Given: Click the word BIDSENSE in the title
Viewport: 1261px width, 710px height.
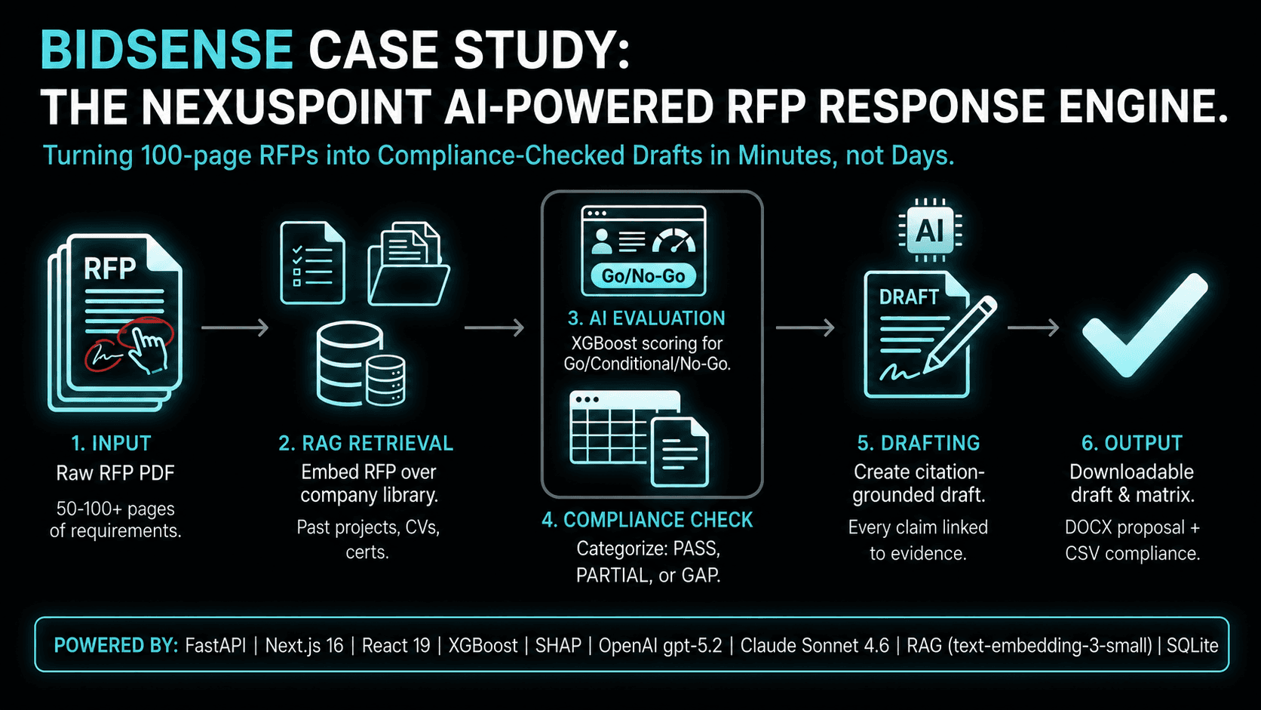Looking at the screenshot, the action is pyautogui.click(x=167, y=50).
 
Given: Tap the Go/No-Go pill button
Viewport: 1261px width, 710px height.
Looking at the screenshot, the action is pyautogui.click(x=643, y=276).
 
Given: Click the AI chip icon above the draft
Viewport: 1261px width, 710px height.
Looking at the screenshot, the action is pyautogui.click(x=929, y=230).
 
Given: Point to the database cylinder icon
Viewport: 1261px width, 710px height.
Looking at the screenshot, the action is pyautogui.click(x=361, y=364).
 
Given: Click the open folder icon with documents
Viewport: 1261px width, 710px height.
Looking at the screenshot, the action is pyautogui.click(x=408, y=263).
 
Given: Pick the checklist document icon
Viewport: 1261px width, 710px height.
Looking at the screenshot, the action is pyautogui.click(x=312, y=263).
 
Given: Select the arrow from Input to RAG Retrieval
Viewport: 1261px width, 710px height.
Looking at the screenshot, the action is pyautogui.click(x=235, y=327).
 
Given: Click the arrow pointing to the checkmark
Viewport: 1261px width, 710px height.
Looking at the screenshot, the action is pyautogui.click(x=1033, y=327).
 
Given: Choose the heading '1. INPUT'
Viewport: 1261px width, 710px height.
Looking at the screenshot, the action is pyautogui.click(x=112, y=444).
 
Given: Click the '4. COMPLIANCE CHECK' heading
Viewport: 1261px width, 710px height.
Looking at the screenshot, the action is pyautogui.click(x=647, y=521).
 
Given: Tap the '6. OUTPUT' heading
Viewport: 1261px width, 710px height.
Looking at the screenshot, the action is pyautogui.click(x=1132, y=443).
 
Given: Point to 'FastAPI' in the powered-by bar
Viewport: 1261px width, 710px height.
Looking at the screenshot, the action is pyautogui.click(x=216, y=645).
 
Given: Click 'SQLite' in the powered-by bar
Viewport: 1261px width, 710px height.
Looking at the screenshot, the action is pyautogui.click(x=1192, y=645).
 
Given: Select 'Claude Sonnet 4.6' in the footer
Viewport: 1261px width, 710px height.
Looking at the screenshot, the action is pyautogui.click(x=815, y=645).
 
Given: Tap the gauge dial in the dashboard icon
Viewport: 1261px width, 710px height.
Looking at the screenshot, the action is pyautogui.click(x=674, y=241).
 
